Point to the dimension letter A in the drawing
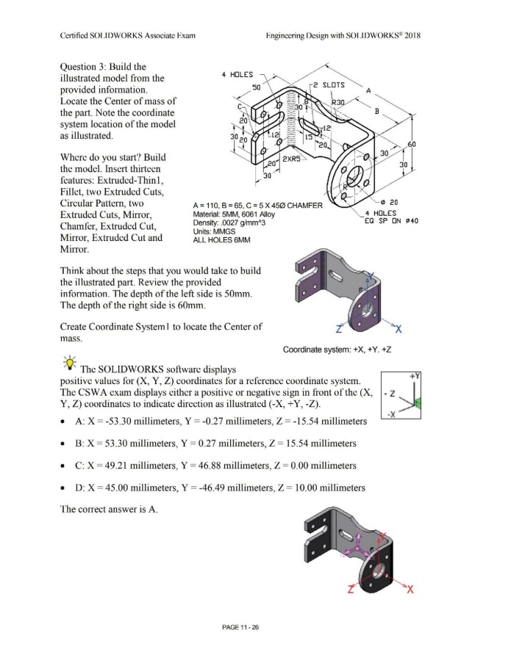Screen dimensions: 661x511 tap(368, 90)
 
